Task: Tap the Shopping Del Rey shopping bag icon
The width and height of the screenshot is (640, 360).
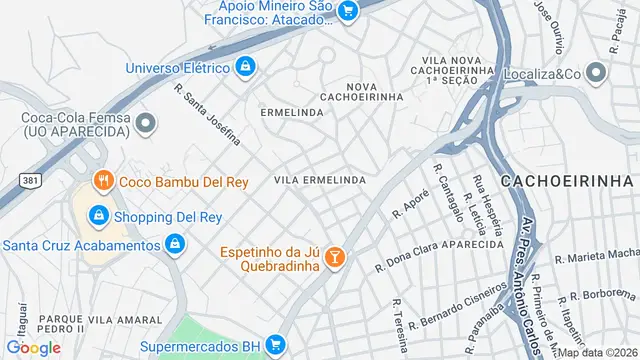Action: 98,215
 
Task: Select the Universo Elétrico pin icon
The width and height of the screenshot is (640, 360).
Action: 245,68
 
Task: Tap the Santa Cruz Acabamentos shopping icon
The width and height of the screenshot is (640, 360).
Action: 175,244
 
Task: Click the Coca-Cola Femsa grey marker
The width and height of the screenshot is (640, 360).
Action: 147,124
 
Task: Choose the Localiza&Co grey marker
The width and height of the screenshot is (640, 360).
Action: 597,73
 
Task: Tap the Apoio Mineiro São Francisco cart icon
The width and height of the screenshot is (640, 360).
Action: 347,11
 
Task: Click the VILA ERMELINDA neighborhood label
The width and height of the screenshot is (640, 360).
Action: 320,180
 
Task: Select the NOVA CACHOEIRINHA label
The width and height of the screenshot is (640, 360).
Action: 361,91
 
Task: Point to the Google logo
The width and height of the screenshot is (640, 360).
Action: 33,347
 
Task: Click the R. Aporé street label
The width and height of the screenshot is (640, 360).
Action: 410,203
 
